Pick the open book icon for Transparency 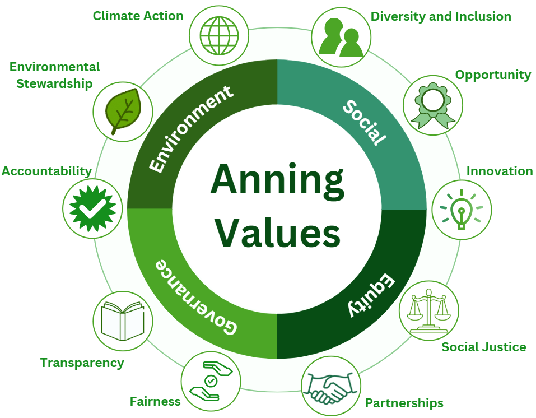[122, 321]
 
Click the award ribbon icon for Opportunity [432, 105]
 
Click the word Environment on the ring [190, 128]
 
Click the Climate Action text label [138, 16]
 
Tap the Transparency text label [82, 363]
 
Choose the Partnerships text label [404, 403]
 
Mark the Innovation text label [500, 171]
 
